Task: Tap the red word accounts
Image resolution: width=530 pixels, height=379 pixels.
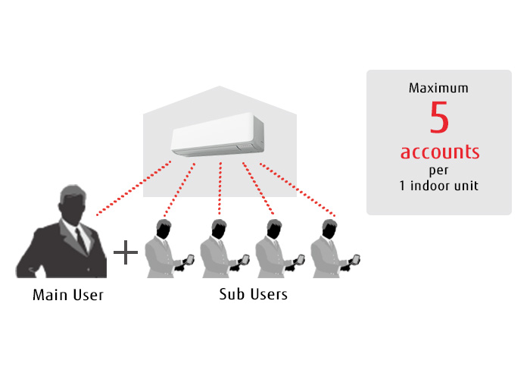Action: (x=440, y=152)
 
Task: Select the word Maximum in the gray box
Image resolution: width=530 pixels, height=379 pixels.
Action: (x=438, y=88)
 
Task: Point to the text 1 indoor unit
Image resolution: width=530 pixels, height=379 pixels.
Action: (x=439, y=186)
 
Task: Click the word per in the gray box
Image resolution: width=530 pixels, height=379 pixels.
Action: (x=439, y=170)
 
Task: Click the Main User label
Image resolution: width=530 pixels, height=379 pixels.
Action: (x=68, y=294)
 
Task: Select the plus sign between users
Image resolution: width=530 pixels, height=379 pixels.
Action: (x=125, y=253)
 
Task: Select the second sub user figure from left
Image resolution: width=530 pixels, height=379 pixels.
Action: (x=220, y=250)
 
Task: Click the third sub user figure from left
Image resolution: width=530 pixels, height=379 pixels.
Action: (x=276, y=250)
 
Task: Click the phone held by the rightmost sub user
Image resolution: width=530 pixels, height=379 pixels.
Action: (x=354, y=259)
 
